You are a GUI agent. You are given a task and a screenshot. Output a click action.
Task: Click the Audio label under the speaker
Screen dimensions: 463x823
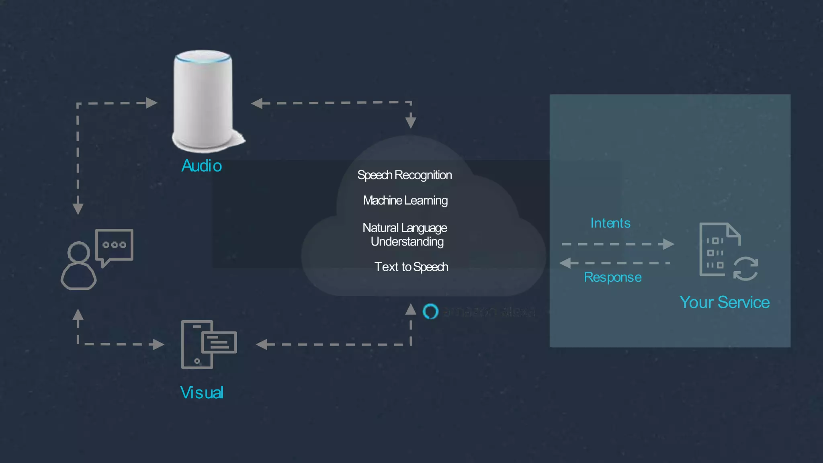pyautogui.click(x=201, y=166)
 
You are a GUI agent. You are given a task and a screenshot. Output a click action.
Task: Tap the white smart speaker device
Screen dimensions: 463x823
pyautogui.click(x=203, y=100)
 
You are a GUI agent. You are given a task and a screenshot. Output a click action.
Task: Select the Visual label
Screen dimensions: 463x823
pyautogui.click(x=202, y=393)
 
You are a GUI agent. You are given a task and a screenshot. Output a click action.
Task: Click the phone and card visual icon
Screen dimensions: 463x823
pyautogui.click(x=208, y=344)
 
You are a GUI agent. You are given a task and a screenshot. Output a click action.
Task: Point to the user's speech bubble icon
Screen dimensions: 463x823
pyautogui.click(x=115, y=246)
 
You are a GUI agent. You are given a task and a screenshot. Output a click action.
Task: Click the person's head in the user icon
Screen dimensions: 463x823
pyautogui.click(x=79, y=252)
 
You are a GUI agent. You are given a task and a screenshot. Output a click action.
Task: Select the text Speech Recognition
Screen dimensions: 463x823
pyautogui.click(x=404, y=175)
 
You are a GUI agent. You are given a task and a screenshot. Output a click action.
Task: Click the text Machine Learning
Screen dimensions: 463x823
pyautogui.click(x=405, y=200)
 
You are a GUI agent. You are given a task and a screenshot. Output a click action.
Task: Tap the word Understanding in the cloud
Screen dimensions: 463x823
pyautogui.click(x=407, y=242)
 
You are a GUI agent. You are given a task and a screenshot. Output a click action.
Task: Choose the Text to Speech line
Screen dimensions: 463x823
pyautogui.click(x=411, y=267)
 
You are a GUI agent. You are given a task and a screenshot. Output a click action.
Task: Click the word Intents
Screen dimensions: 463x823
pyautogui.click(x=610, y=223)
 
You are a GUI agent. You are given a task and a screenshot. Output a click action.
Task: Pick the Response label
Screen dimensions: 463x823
pyautogui.click(x=612, y=277)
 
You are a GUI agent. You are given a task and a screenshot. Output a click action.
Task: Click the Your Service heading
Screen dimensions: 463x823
pyautogui.click(x=724, y=302)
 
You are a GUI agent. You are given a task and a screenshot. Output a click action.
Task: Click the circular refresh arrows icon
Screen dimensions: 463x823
pyautogui.click(x=745, y=268)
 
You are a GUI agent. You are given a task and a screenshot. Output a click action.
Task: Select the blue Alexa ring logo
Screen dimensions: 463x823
pyautogui.click(x=430, y=311)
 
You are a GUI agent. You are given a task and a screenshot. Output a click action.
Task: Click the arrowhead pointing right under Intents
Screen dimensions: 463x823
pyautogui.click(x=668, y=244)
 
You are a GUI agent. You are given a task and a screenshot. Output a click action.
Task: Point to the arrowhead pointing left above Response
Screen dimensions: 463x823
pyautogui.click(x=565, y=263)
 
